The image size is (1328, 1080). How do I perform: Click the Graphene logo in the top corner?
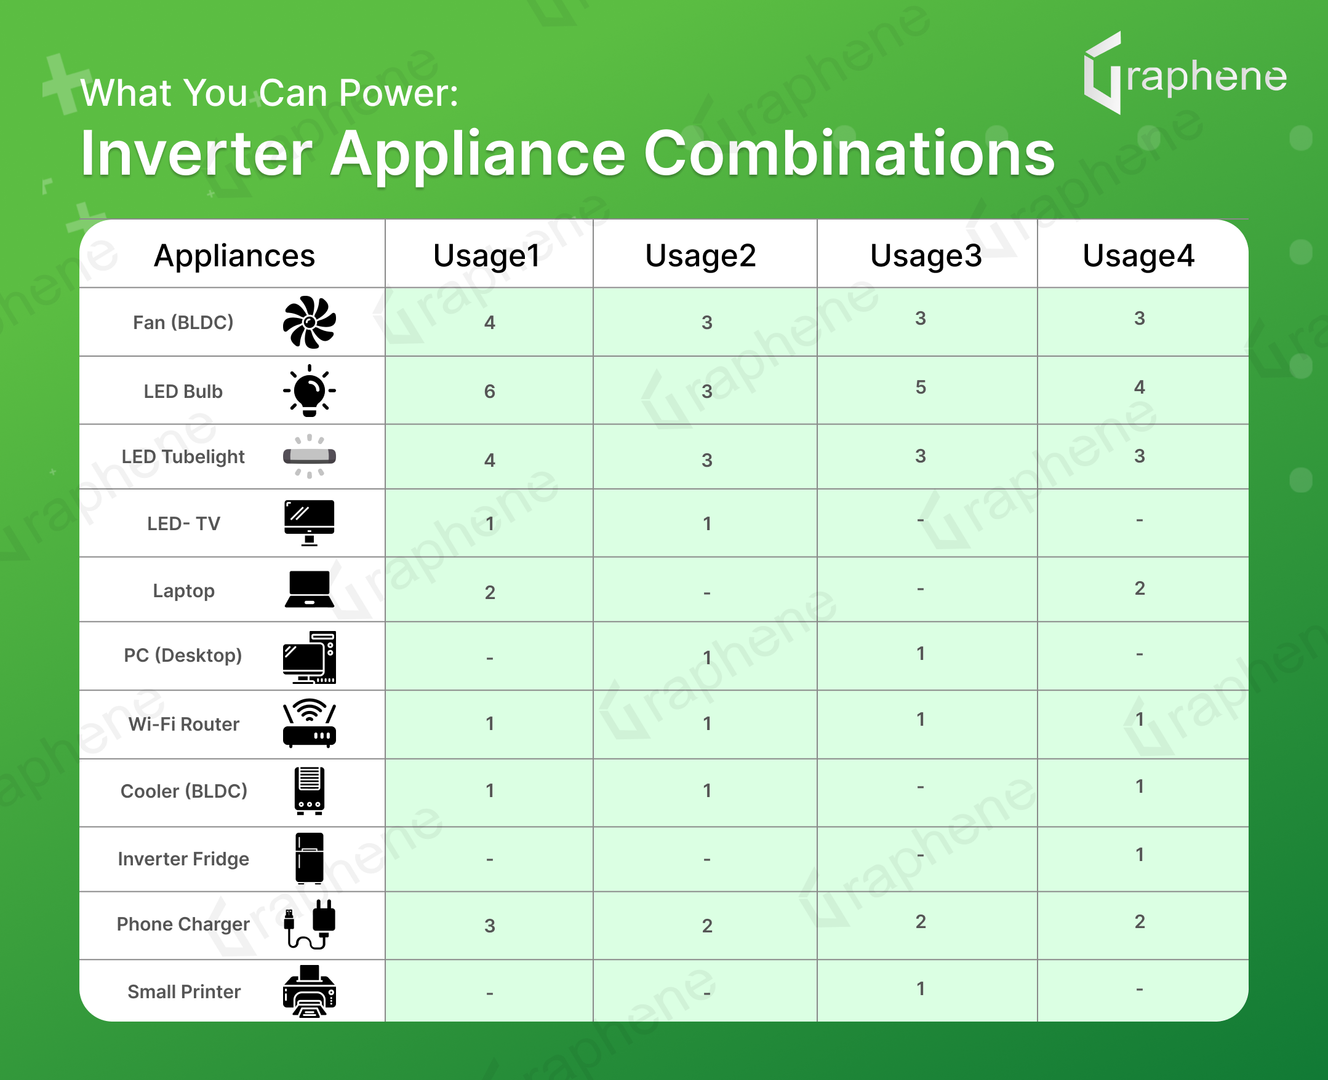1185,73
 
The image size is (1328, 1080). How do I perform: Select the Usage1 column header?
487,256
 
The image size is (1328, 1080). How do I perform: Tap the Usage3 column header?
926,256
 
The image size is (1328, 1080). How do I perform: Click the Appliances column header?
234,256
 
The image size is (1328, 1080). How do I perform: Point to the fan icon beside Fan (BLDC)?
310,322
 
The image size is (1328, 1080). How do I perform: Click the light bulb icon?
310,391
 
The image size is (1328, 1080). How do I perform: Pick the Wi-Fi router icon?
310,723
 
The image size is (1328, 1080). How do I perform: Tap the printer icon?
310,991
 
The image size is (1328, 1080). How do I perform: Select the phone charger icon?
310,924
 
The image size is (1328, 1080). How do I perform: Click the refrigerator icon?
310,858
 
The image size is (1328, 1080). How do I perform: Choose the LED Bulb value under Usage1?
490,391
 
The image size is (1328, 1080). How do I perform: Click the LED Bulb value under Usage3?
921,387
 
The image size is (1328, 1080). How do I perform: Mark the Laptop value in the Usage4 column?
1140,588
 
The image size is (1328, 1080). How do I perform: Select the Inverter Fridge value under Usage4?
1140,854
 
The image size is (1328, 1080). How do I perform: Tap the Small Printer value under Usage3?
921,988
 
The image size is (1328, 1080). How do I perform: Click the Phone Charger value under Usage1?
490,926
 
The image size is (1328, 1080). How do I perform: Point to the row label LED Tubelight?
183,456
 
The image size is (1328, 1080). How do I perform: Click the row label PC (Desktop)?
183,655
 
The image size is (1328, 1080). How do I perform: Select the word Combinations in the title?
849,154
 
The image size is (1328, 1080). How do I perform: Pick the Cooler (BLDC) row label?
183,791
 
